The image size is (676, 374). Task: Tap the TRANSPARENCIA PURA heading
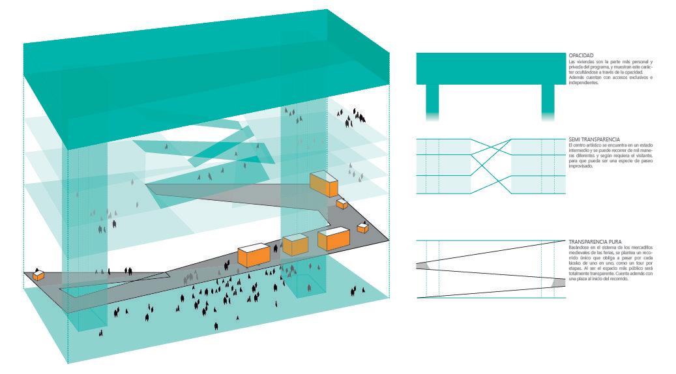point(590,240)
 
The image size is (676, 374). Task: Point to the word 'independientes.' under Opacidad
point(583,83)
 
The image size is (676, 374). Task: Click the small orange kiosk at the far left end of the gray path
point(39,275)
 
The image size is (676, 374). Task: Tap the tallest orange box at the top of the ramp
point(324,184)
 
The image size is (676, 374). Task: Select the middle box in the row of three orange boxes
point(295,245)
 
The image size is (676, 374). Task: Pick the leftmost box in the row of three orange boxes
point(254,254)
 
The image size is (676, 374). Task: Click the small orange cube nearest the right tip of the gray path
point(362,228)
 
